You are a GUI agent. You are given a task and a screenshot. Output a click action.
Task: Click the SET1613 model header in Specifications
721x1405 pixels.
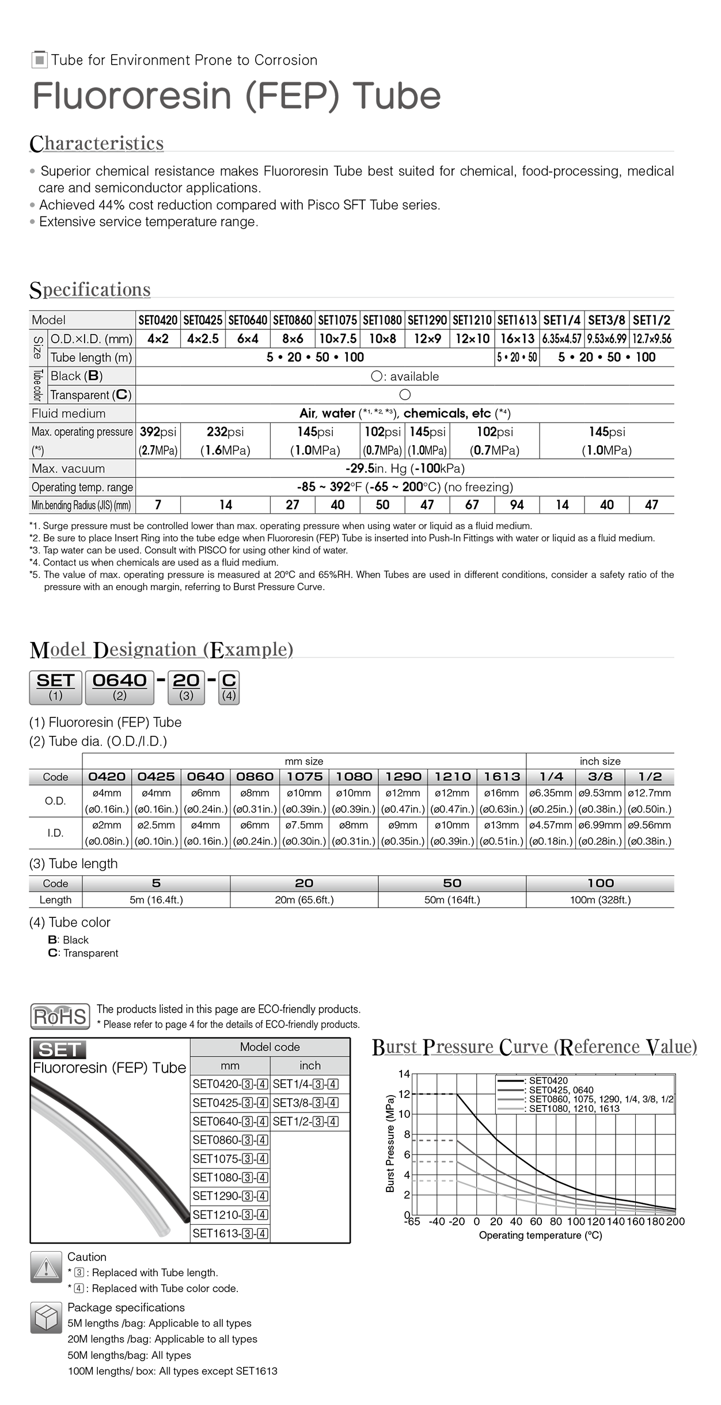click(517, 320)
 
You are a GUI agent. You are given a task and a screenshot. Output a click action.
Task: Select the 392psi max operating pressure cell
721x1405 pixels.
click(158, 441)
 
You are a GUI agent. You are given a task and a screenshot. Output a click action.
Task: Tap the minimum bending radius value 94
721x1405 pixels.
click(517, 505)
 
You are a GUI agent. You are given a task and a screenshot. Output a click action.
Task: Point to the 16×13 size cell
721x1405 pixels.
click(517, 339)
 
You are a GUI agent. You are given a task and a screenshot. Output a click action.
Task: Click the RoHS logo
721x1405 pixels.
click(60, 1017)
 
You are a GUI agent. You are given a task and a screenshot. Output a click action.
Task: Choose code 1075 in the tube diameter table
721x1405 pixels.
click(304, 776)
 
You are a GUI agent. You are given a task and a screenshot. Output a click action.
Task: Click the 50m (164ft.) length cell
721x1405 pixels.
click(452, 899)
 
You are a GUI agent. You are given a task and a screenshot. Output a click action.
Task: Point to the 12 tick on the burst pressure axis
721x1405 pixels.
click(404, 1094)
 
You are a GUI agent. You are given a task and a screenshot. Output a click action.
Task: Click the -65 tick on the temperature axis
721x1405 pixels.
click(412, 1222)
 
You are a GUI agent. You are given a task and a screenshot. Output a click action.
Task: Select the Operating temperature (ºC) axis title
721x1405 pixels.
click(540, 1235)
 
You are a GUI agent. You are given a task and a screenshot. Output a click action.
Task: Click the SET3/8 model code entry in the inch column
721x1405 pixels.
click(305, 1103)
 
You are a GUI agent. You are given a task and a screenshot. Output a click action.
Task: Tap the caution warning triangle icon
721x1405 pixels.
click(46, 1267)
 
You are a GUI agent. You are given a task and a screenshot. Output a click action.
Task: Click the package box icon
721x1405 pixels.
click(46, 1317)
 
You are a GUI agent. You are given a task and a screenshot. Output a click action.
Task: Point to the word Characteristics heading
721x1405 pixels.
click(97, 143)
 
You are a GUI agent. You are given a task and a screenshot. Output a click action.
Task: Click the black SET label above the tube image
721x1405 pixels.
click(59, 1050)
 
